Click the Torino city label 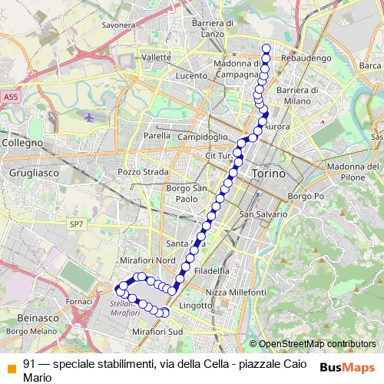coord(268,174)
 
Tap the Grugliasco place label coord(29,174)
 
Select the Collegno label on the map coord(23,143)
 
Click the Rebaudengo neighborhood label coord(304,58)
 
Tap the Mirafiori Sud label coord(157,330)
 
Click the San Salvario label coord(263,214)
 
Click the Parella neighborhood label coord(157,136)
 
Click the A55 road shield coord(10,98)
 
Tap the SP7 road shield coord(75,224)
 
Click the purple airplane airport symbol coord(91,118)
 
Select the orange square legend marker coord(11,365)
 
